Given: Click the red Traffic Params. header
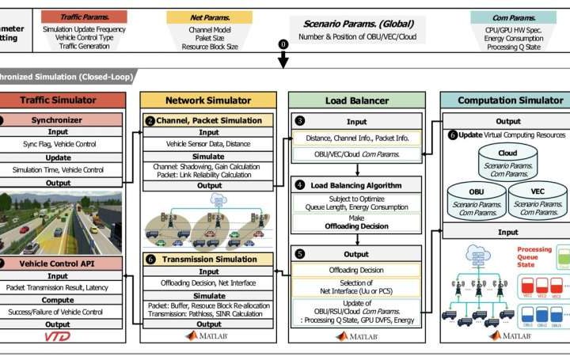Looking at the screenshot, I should pos(85,16).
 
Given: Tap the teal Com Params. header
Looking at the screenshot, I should pos(503,16).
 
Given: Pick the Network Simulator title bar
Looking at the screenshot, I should pos(209,100).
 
